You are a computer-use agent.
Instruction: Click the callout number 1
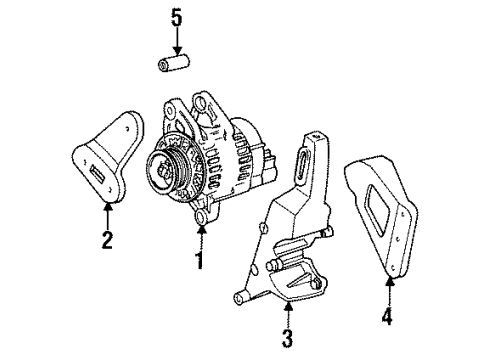198,261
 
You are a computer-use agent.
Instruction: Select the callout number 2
107,240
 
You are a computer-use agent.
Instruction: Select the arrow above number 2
107,214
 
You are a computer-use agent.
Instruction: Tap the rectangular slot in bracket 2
99,177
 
